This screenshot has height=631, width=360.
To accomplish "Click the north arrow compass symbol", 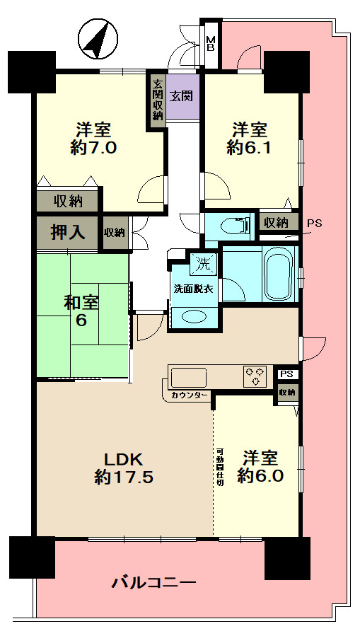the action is [98, 40].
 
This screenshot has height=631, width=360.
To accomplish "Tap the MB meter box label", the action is [211, 43].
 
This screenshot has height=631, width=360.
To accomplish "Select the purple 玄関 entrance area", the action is [182, 96].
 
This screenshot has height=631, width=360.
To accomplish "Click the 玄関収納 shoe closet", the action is [157, 100].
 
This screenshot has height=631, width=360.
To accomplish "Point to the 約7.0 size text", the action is [93, 149].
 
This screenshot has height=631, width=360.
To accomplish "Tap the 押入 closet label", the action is [67, 233].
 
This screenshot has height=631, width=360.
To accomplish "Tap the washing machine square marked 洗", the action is [204, 265].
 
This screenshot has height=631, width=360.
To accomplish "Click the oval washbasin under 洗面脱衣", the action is [194, 316].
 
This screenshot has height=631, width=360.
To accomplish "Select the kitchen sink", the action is [188, 378].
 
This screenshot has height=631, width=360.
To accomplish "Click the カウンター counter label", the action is [189, 395].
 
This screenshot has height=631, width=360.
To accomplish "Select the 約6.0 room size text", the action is [260, 475].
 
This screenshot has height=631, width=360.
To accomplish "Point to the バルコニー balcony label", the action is [154, 583].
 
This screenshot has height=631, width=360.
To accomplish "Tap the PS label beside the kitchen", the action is [286, 374].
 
